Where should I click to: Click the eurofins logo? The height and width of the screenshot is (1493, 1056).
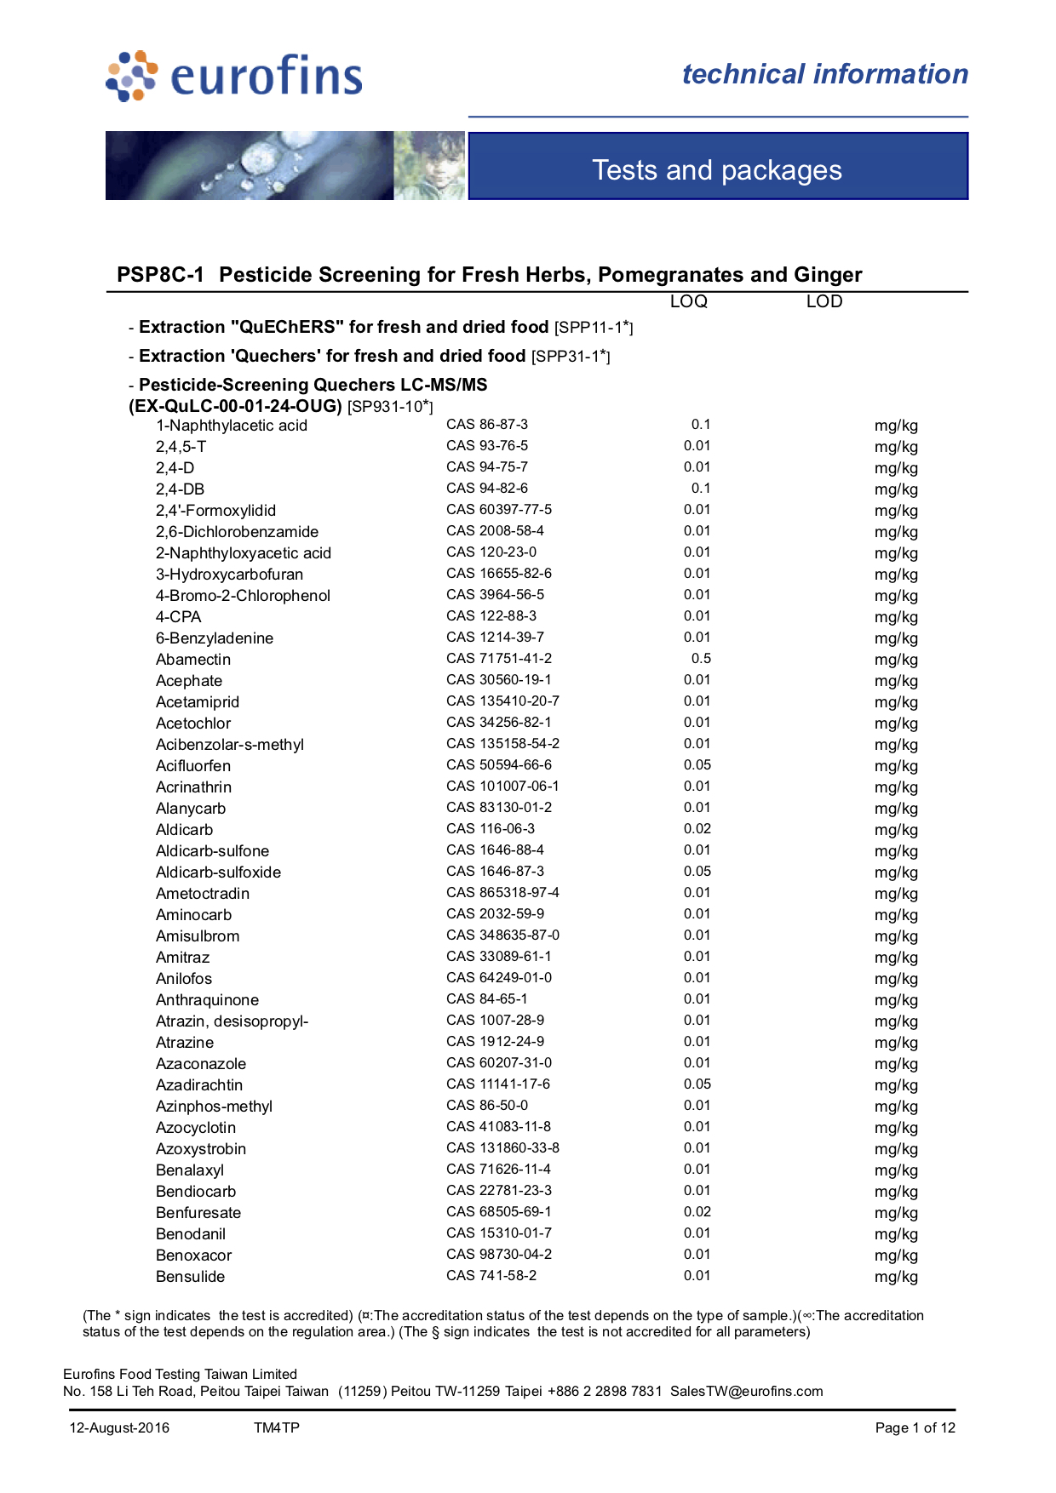pos(234,76)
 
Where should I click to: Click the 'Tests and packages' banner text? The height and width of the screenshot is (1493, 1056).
pos(717,170)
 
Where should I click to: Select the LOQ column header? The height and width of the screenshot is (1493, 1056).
pos(688,301)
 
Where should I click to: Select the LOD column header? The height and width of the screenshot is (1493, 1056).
pos(824,301)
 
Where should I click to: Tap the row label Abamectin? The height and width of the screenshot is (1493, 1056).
pos(193,660)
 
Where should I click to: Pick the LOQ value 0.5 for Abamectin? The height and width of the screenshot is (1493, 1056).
pos(701,659)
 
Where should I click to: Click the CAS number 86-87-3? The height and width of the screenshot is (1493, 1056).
pos(487,425)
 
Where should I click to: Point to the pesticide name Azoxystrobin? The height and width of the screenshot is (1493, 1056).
pos(201,1149)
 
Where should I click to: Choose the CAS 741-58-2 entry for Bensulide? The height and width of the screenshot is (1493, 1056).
pos(491,1276)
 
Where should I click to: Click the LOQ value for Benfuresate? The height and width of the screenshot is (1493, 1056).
pos(697,1212)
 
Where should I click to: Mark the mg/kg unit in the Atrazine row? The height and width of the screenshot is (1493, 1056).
pos(896,1043)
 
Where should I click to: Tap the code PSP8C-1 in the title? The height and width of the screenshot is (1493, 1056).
pos(161,275)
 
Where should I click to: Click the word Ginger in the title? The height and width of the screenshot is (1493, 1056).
pos(828,275)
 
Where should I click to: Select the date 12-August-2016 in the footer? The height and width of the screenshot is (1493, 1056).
pos(119,1428)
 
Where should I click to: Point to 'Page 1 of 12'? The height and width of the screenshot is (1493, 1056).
pos(915,1428)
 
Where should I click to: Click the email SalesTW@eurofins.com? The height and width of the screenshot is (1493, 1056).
pos(746,1392)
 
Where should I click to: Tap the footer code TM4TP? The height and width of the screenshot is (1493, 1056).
pos(277,1428)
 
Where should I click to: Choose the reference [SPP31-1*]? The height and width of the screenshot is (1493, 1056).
pos(571,357)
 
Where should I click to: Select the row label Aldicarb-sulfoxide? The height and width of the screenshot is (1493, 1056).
pos(218,872)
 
